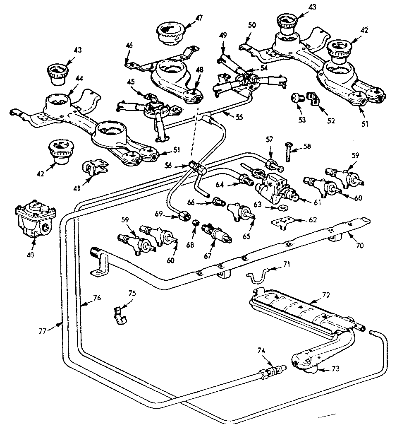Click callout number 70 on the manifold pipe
[359, 245]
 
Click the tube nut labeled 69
[184, 214]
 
